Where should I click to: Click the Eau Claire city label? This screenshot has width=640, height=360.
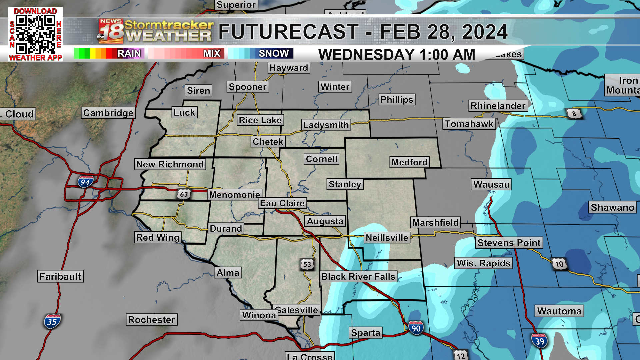pyautogui.click(x=282, y=203)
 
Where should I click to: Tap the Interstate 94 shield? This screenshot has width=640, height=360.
pyautogui.click(x=85, y=182)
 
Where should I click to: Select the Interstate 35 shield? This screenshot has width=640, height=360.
pyautogui.click(x=52, y=322)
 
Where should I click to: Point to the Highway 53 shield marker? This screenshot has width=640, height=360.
pyautogui.click(x=307, y=264)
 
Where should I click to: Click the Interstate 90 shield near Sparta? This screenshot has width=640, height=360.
pyautogui.click(x=416, y=328)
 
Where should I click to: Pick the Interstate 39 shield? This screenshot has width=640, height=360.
pyautogui.click(x=539, y=341)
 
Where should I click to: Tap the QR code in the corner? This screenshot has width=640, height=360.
pyautogui.click(x=35, y=34)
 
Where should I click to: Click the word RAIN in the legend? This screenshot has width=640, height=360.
pyautogui.click(x=129, y=53)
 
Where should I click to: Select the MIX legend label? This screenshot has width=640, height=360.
pyautogui.click(x=212, y=53)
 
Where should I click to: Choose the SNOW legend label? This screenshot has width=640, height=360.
pyautogui.click(x=274, y=53)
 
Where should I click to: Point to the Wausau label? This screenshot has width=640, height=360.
pyautogui.click(x=491, y=184)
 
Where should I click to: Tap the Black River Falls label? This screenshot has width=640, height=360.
pyautogui.click(x=358, y=276)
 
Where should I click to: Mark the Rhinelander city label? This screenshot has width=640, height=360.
pyautogui.click(x=498, y=106)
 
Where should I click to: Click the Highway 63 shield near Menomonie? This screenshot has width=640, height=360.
pyautogui.click(x=184, y=194)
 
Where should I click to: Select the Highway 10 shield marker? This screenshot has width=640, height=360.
pyautogui.click(x=559, y=264)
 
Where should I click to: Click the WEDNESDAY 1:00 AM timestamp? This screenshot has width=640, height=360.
pyautogui.click(x=397, y=54)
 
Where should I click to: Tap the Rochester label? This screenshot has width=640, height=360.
pyautogui.click(x=151, y=320)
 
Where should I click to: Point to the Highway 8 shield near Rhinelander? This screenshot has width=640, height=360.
pyautogui.click(x=574, y=114)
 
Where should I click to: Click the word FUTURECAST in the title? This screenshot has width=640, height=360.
pyautogui.click(x=289, y=32)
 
